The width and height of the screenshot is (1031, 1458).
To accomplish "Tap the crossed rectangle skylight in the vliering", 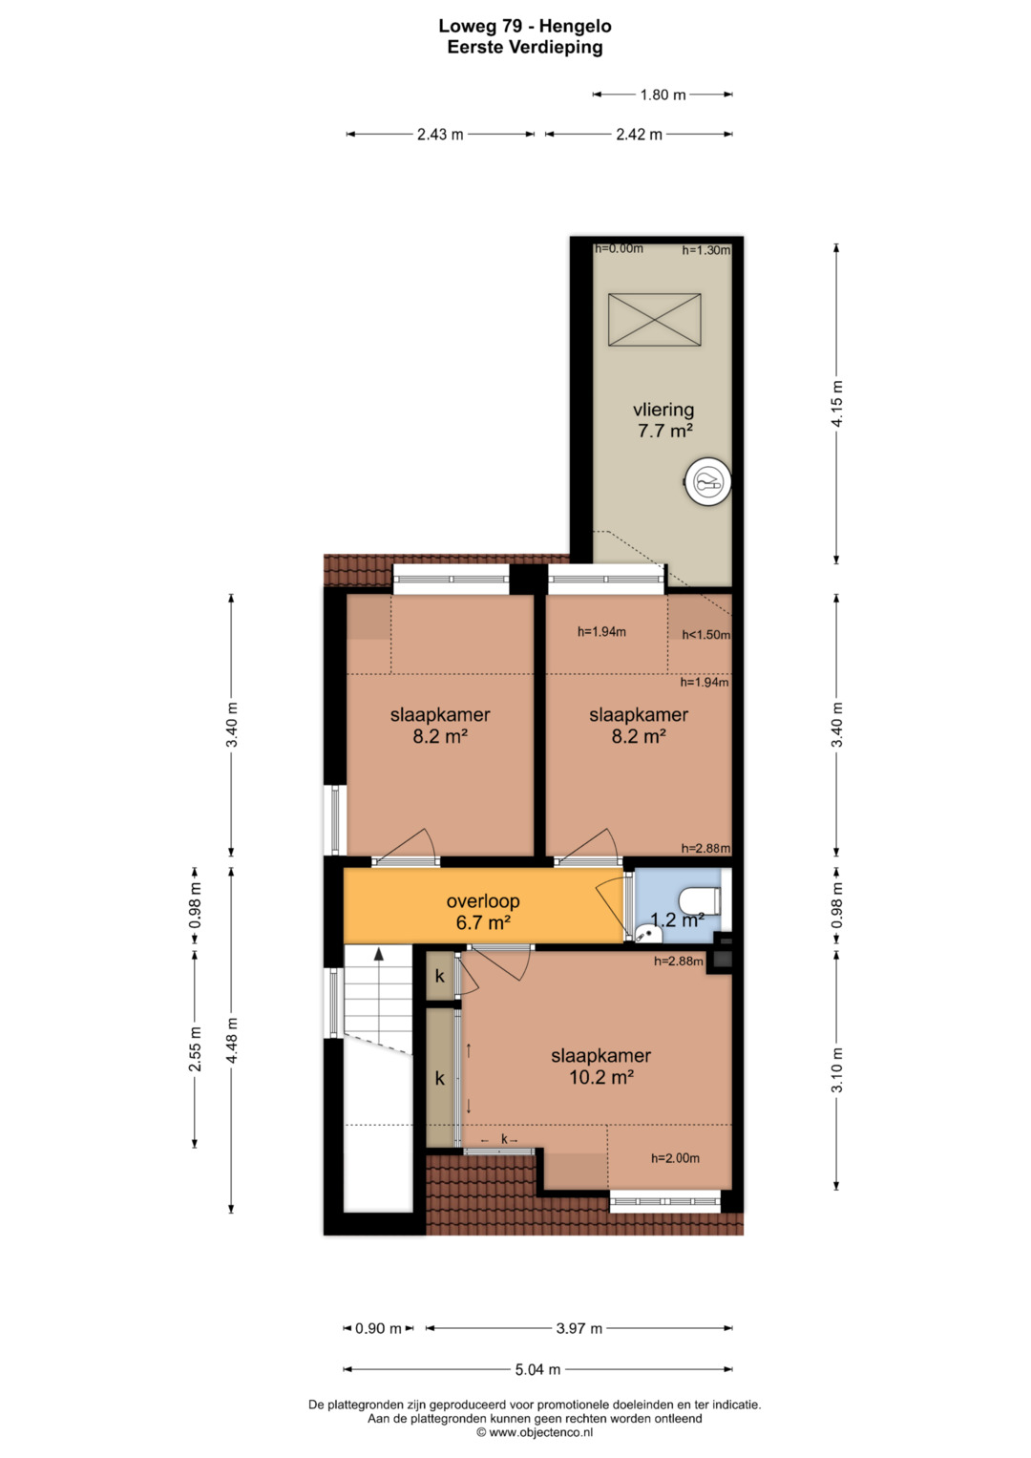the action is point(654,319).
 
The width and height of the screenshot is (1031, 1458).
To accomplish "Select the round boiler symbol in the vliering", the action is point(709,482).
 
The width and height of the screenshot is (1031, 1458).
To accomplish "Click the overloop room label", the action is point(483,900).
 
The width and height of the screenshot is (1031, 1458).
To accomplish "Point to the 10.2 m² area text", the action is point(601,1077).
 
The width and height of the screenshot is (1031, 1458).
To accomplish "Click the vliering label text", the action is point(663,410).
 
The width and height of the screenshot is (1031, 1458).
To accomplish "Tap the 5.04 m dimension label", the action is point(537,1369).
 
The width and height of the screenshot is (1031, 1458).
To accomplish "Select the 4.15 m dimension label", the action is point(837,404).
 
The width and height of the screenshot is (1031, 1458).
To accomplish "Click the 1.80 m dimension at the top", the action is point(663,95).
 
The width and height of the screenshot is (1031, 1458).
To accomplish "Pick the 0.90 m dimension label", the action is point(378,1328).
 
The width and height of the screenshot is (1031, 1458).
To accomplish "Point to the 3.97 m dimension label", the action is point(579,1328).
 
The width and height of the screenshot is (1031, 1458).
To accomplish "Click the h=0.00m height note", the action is point(619,248).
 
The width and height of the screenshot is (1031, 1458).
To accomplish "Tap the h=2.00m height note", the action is point(675,1158).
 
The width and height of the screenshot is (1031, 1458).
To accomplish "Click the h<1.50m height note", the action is point(705,635).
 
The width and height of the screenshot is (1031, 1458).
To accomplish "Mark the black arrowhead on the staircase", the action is point(378,954).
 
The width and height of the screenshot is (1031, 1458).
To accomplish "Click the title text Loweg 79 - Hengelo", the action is point(525,26).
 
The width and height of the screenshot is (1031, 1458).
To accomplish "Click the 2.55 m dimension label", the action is point(195,1048).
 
